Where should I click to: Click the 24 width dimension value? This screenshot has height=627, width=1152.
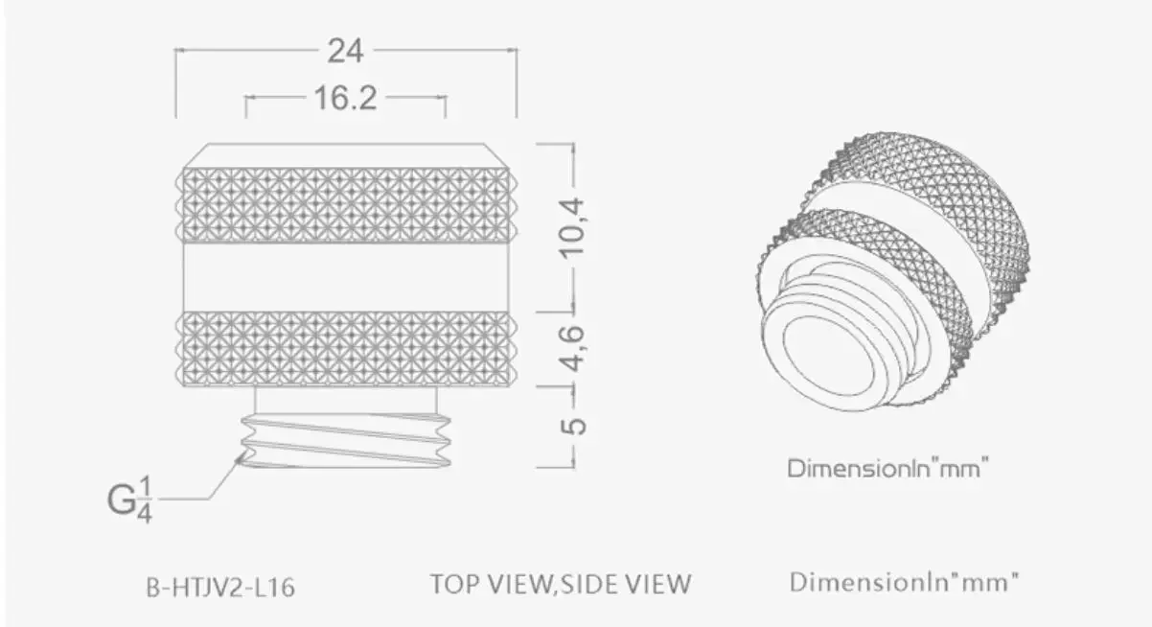tap(345, 51)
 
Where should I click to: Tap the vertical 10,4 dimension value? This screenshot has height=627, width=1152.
tap(573, 227)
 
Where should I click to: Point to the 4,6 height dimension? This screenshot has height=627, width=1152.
tap(573, 348)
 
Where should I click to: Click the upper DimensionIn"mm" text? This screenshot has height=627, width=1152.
tap(887, 469)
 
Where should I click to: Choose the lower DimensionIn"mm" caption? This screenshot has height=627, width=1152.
tap(904, 582)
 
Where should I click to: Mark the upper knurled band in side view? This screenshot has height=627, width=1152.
tap(345, 205)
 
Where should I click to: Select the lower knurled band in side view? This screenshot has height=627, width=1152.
tap(345, 348)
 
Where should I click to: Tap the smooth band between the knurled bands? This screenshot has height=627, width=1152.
tap(345, 276)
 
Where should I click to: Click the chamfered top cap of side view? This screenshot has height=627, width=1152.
tap(345, 156)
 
